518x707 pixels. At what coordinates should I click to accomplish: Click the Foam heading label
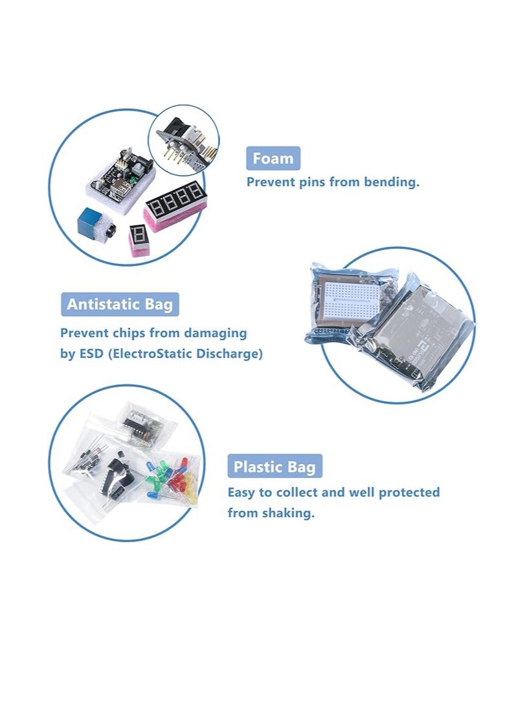pyautogui.click(x=273, y=159)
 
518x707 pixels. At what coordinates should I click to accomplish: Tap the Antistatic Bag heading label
pyautogui.click(x=120, y=304)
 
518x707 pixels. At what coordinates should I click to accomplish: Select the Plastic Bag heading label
pyautogui.click(x=275, y=467)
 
